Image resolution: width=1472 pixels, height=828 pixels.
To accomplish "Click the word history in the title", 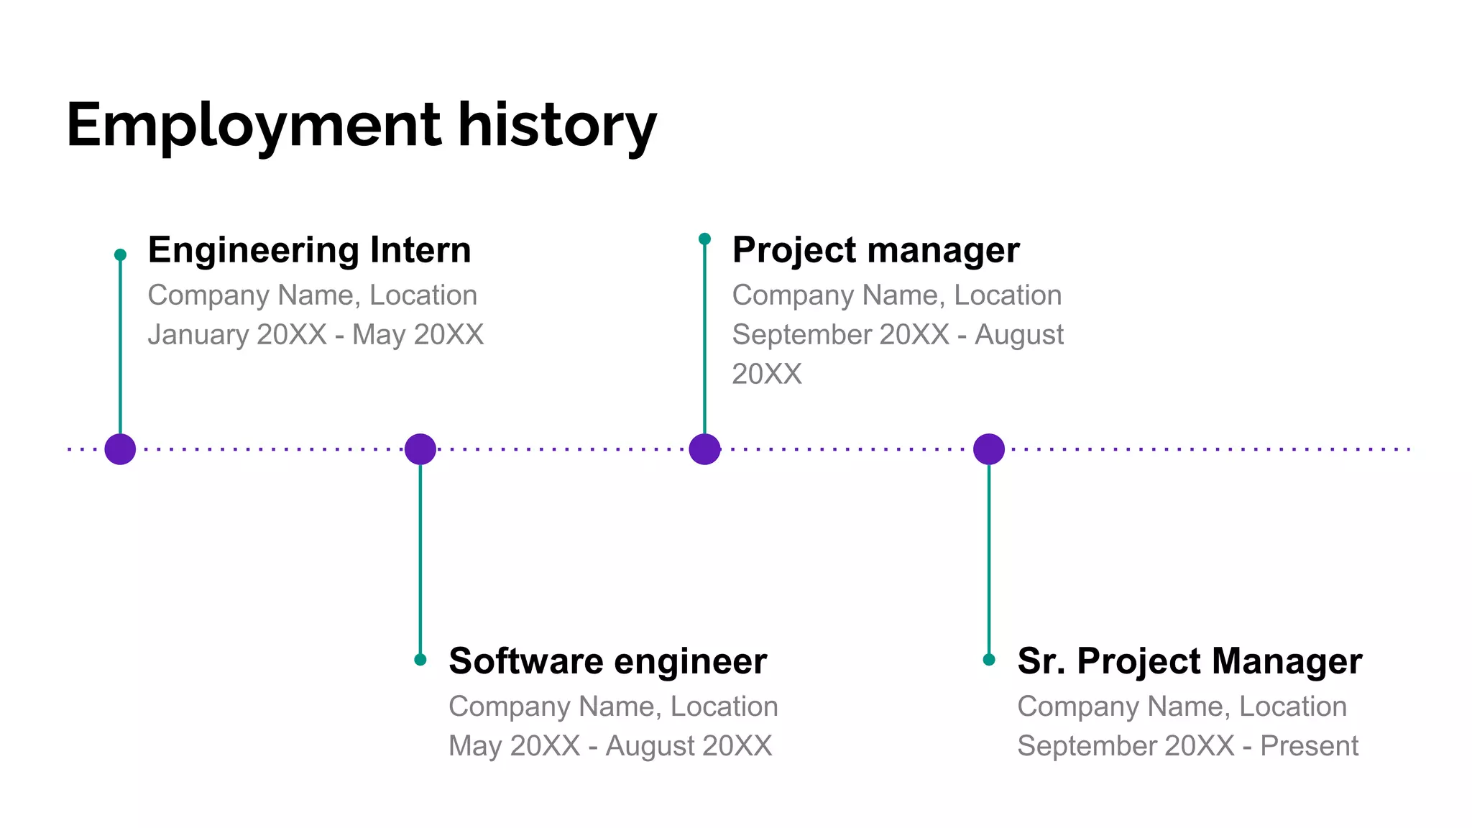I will pyautogui.click(x=557, y=126).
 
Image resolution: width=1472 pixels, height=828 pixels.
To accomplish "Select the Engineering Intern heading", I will pyautogui.click(x=309, y=250).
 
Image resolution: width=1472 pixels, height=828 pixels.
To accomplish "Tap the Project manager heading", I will pyautogui.click(x=875, y=250).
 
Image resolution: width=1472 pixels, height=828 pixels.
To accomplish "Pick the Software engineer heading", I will pyautogui.click(x=607, y=661).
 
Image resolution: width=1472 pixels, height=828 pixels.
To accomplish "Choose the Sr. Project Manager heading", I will pyautogui.click(x=1190, y=661).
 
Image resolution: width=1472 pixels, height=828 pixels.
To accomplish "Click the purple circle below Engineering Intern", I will pyautogui.click(x=120, y=449).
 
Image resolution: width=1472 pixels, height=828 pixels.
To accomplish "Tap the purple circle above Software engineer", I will pyautogui.click(x=420, y=449).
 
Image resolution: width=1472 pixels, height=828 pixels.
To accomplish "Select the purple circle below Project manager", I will pyautogui.click(x=704, y=449).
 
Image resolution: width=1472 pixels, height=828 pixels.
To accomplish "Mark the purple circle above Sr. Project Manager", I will pyautogui.click(x=989, y=449).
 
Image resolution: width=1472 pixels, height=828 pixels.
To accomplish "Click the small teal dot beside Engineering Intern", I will pyautogui.click(x=120, y=254).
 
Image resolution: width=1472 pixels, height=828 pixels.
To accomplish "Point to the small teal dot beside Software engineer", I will pyautogui.click(x=420, y=660).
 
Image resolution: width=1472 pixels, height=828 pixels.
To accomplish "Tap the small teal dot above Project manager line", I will pyautogui.click(x=704, y=239).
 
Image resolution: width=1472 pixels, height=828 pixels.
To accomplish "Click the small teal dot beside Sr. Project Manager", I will pyautogui.click(x=989, y=660).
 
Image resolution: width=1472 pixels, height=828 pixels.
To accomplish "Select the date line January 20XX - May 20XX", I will pyautogui.click(x=316, y=335).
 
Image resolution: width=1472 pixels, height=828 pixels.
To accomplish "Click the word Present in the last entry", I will pyautogui.click(x=1309, y=746).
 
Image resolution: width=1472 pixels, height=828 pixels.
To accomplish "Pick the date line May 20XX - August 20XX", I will pyautogui.click(x=610, y=746).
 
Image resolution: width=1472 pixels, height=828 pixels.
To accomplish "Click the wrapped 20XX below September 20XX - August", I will pyautogui.click(x=766, y=374).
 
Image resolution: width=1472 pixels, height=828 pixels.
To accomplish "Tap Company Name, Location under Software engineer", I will pyautogui.click(x=613, y=707).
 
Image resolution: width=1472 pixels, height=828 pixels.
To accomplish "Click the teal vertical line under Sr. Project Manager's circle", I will pyautogui.click(x=989, y=561).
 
